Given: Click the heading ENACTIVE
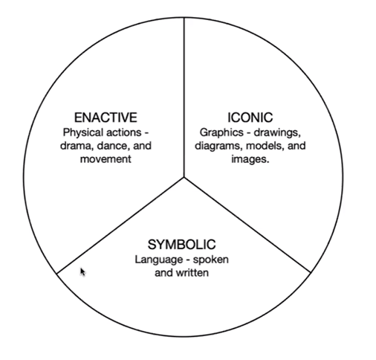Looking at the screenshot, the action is click(x=106, y=118).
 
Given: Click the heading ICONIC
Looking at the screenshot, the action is click(x=250, y=118).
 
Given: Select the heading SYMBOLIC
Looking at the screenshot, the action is click(x=181, y=245).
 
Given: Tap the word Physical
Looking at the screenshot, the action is click(x=79, y=133).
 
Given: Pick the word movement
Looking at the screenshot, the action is click(x=106, y=159).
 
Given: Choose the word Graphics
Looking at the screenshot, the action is click(x=221, y=133).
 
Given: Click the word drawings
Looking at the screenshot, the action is click(x=277, y=133).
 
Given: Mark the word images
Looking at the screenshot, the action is click(x=250, y=159).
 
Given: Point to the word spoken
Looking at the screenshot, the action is click(x=211, y=260).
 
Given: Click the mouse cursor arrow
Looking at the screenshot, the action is click(x=82, y=272).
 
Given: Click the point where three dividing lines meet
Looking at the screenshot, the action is click(x=184, y=177).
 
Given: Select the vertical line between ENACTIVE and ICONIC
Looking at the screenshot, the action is click(x=184, y=97).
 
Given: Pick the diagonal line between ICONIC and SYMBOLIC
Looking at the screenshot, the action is click(x=247, y=225).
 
